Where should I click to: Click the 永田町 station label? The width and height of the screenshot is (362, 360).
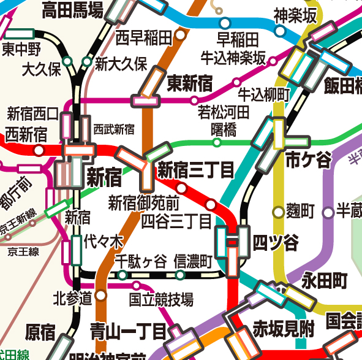tap(325, 281)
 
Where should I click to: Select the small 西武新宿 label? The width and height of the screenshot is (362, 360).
tap(114, 129)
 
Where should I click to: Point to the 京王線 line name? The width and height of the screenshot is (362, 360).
tap(23, 251)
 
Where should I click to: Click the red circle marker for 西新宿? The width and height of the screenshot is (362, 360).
tap(39, 150)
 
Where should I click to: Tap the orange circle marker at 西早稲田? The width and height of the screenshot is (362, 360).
tap(180, 36)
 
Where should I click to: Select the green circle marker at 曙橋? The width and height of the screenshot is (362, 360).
tap(216, 143)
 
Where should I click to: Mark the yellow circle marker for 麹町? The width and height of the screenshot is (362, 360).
tap(279, 212)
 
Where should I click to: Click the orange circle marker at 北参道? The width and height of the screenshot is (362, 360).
tap(101, 296)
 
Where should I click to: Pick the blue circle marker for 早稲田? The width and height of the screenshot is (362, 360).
tap(224, 23)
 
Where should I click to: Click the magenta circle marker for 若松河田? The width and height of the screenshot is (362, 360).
tap(195, 100)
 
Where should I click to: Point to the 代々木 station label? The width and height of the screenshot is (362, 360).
tap(103, 240)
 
